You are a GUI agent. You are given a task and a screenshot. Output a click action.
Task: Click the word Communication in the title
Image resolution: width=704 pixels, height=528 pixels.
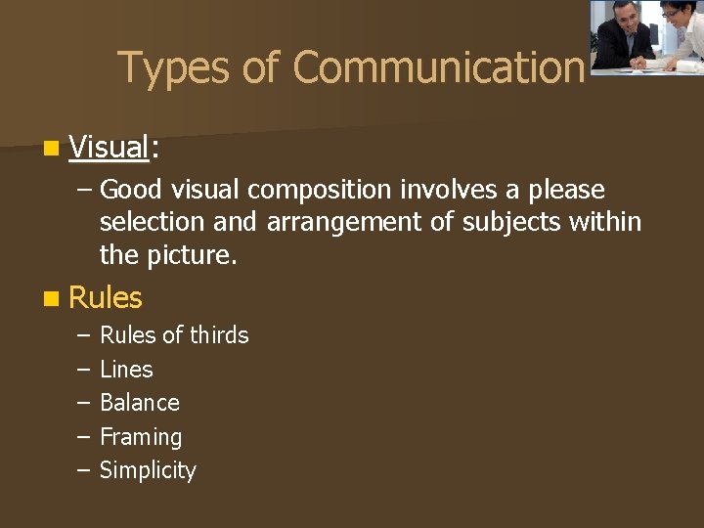(438, 68)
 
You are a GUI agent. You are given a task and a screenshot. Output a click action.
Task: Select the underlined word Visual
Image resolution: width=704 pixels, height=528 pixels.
(109, 148)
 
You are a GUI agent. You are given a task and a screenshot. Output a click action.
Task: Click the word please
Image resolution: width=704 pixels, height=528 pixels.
(562, 190)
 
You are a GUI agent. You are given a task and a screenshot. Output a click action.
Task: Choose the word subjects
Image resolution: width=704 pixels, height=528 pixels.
(507, 223)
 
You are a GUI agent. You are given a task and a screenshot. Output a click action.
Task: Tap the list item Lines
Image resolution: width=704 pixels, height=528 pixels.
(126, 370)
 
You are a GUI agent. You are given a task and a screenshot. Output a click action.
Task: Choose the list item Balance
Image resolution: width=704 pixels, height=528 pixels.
(140, 403)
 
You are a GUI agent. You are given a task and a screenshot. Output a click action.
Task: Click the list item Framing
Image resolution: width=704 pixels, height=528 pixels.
(141, 437)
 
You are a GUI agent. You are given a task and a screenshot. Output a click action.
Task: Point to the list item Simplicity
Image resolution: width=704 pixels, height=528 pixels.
(148, 470)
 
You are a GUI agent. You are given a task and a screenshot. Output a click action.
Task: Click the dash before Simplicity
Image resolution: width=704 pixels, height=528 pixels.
(81, 470)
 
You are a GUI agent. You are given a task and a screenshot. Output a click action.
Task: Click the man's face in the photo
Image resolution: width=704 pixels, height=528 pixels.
(622, 15)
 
